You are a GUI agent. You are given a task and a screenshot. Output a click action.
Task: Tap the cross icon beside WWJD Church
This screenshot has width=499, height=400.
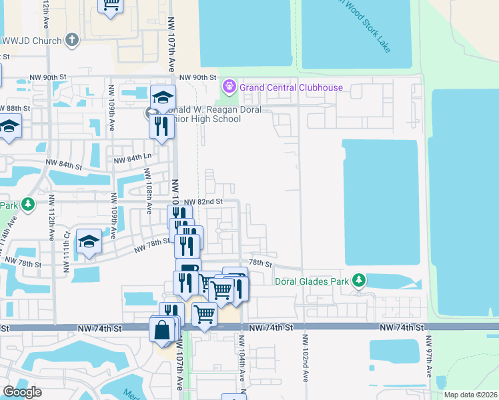(72, 40)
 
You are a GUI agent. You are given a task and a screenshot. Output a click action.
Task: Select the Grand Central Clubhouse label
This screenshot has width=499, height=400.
(291, 87)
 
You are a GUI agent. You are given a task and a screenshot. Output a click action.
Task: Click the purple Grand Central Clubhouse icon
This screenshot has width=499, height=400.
(229, 87)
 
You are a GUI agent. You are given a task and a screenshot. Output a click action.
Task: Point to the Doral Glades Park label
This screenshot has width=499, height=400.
(313, 281)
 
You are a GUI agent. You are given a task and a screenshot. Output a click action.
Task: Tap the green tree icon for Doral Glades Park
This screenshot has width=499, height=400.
(360, 280)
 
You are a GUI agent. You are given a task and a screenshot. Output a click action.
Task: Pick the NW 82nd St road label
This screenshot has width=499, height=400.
(202, 201)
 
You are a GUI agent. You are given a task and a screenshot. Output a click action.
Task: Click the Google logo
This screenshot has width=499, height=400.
(23, 392)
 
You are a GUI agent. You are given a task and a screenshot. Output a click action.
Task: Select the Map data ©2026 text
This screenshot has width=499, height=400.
(470, 395)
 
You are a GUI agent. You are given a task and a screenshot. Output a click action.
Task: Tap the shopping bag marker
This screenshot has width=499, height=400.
(163, 330)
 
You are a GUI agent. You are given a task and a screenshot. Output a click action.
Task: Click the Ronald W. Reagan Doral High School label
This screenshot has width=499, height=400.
(210, 114)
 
